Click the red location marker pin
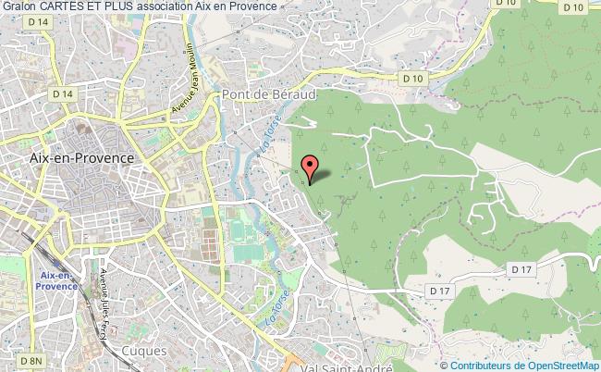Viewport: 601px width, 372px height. point(310,168)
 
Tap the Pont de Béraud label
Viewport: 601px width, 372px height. point(256,95)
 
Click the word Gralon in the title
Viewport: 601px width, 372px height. point(18,7)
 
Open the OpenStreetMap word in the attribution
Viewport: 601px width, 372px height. point(561,365)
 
